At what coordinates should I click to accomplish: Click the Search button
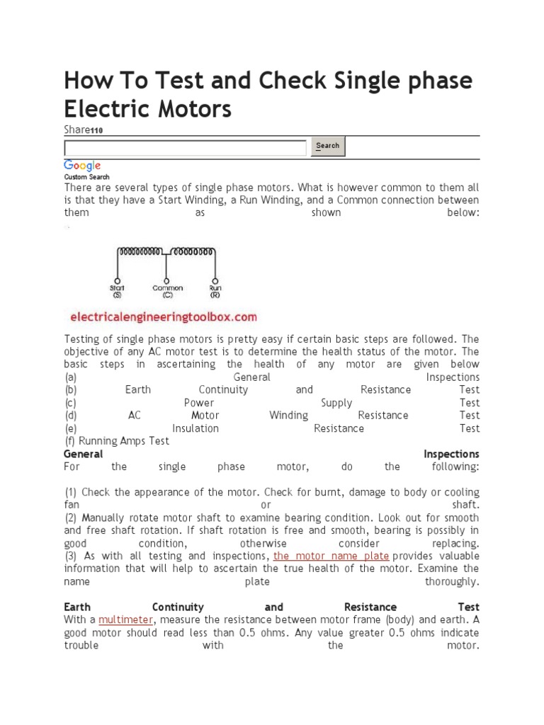pos(327,147)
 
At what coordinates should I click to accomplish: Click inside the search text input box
pos(186,147)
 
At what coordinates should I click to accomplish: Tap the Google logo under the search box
pos(83,165)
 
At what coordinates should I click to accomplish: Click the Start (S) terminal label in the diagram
pos(118,291)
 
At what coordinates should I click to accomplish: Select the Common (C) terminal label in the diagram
pos(167,291)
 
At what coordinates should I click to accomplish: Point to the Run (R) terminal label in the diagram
pos(215,291)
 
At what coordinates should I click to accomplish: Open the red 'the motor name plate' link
pos(331,556)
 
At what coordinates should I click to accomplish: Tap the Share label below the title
pos(76,130)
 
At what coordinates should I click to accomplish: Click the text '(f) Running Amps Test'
pos(117,440)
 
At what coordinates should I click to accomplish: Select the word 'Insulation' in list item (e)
pos(195,428)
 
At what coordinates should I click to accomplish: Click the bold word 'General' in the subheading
pos(83,453)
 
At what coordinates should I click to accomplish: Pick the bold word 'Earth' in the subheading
pos(77,607)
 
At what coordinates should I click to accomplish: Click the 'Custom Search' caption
pos(86,176)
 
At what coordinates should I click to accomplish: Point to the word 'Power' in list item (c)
pos(199,402)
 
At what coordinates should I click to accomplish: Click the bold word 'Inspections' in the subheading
pos(451,453)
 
